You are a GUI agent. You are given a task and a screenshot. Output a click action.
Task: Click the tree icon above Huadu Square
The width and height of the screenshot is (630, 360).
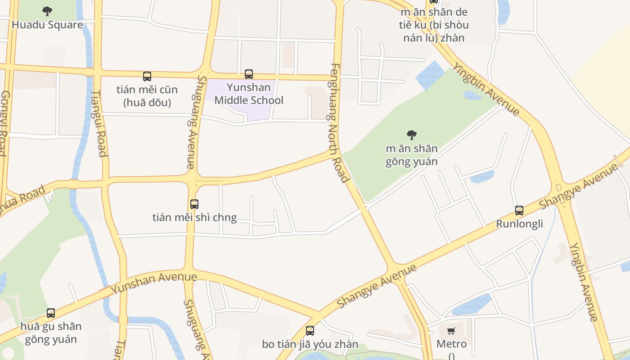coord(47,11)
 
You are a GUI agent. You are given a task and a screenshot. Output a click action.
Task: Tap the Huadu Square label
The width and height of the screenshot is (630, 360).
coord(47,25)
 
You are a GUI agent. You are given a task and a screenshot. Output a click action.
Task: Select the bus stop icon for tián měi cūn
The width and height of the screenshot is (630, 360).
coord(147,76)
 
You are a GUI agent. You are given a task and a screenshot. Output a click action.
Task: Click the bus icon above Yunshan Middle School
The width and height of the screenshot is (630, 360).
coord(249,74)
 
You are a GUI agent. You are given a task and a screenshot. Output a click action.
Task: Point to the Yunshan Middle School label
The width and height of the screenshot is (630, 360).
coord(249,94)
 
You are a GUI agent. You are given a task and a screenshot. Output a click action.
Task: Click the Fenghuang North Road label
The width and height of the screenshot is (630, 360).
coord(339,123)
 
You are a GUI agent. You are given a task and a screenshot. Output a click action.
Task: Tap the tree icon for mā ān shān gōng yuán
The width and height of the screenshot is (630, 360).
coord(411,135)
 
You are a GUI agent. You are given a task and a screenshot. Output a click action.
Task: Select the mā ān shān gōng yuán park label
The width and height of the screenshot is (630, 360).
coord(411,155)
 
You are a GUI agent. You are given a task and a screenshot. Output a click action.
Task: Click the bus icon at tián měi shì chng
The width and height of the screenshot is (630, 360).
coord(194,204)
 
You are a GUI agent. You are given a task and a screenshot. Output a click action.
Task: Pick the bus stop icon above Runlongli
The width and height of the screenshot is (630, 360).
coord(519,210)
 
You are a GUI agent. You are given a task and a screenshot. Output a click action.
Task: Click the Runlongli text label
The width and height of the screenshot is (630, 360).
coord(519,224)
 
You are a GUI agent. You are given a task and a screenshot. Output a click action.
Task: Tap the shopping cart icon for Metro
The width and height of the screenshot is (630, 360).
coord(451,331)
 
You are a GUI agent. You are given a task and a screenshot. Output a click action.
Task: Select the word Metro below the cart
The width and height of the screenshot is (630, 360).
coord(451,344)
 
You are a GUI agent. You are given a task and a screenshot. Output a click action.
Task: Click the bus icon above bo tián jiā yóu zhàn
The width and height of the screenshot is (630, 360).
coord(310,331)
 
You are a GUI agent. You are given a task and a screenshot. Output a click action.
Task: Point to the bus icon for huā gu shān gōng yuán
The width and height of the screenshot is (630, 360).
coord(51,313)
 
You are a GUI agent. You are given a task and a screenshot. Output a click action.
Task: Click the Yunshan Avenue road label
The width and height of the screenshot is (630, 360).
coord(154,283)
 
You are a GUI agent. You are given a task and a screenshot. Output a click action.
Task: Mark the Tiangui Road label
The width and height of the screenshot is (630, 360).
coord(99,123)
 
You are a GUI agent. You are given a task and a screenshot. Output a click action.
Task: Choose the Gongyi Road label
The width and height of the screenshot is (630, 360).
coord(4,123)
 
